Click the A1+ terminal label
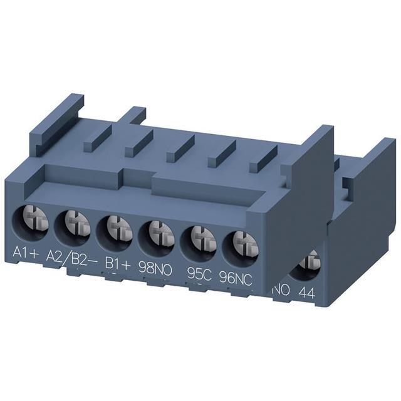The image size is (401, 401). (26, 252)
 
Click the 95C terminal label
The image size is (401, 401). (199, 274)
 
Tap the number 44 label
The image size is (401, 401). (306, 293)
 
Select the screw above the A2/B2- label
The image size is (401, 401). (77, 226)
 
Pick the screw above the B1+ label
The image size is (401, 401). (120, 230)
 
